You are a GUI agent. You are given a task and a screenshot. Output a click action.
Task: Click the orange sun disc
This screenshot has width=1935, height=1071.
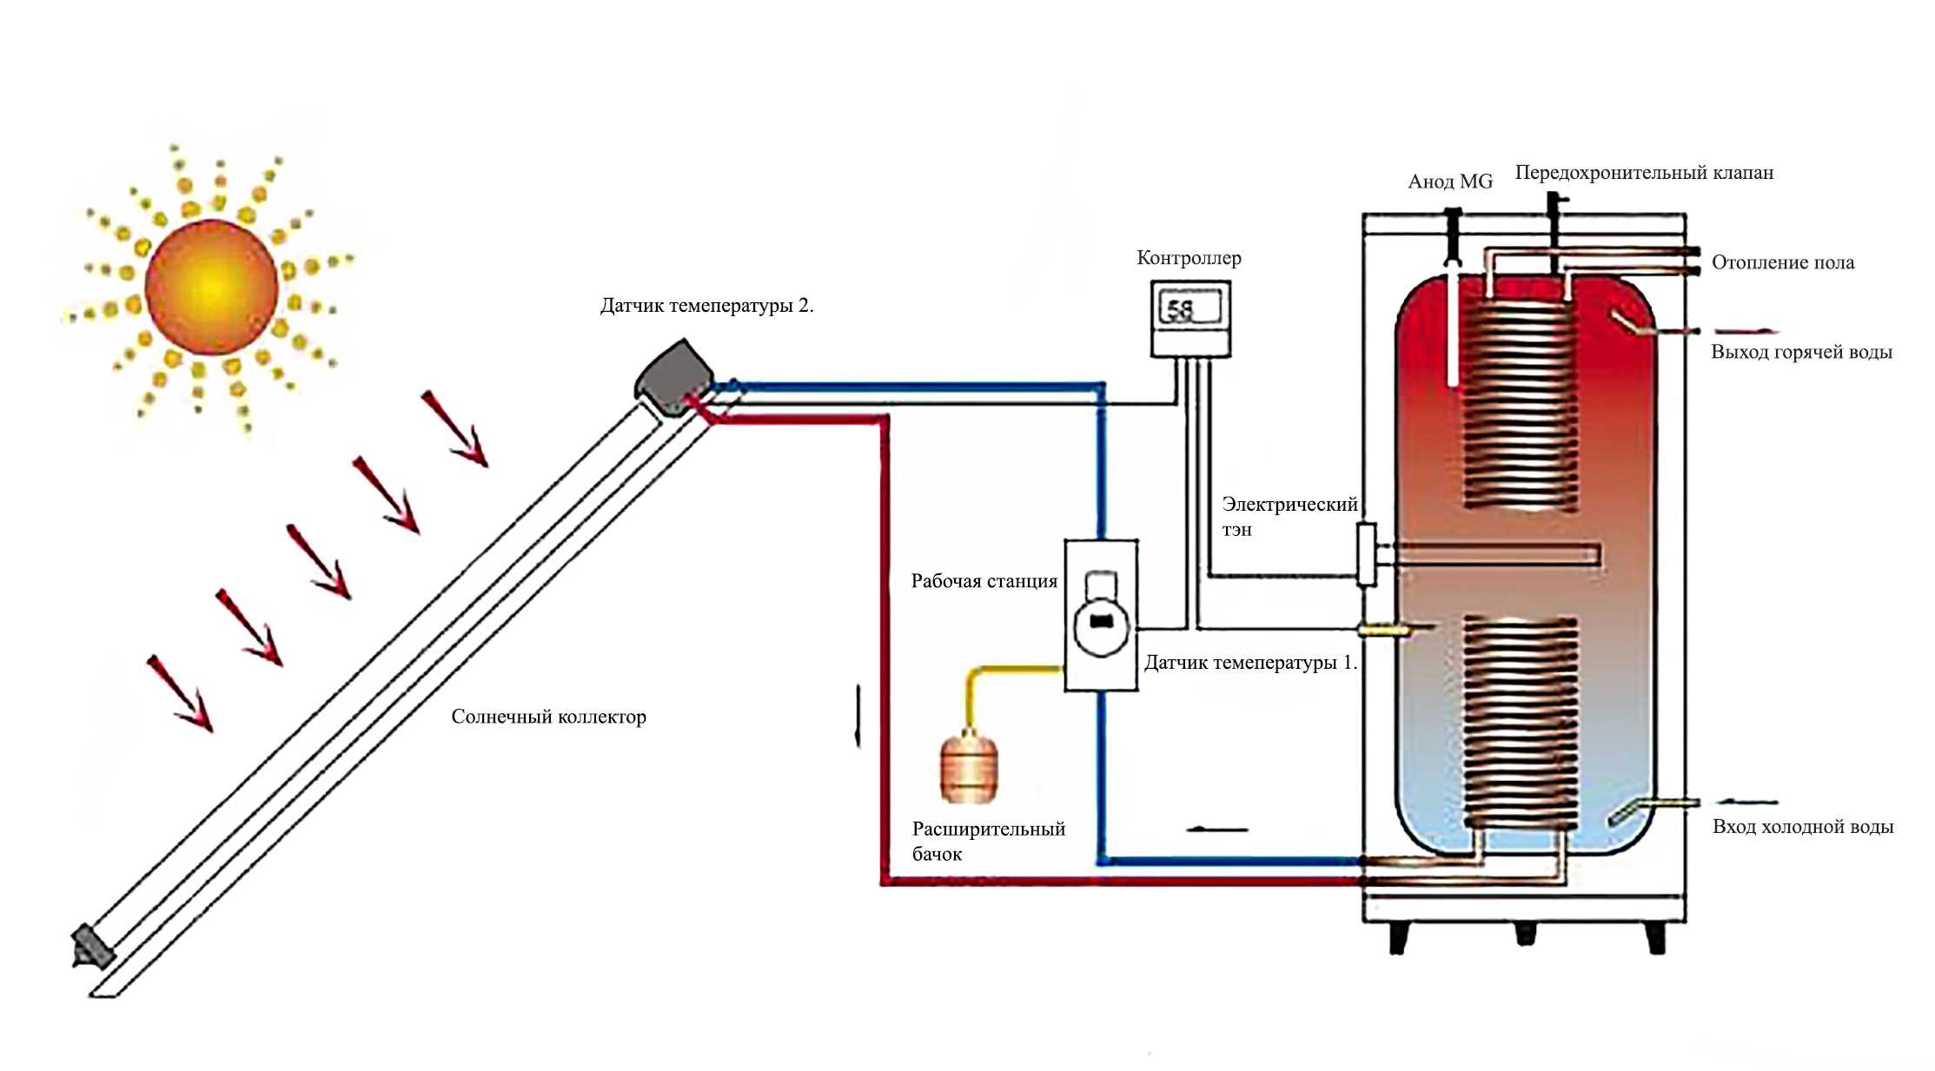211,287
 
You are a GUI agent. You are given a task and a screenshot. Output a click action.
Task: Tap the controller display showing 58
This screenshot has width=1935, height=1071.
1190,308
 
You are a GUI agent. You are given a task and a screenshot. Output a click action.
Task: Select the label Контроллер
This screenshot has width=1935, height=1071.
1189,258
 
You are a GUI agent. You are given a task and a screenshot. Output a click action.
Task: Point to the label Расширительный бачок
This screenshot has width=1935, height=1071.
989,841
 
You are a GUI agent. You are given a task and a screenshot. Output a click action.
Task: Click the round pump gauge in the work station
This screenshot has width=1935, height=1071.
1102,624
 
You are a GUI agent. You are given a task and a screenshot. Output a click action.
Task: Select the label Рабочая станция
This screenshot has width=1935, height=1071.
984,581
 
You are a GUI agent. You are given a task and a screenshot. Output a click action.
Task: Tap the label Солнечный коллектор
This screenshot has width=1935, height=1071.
548,717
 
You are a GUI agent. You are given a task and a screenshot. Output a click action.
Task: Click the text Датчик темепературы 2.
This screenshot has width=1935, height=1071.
706,306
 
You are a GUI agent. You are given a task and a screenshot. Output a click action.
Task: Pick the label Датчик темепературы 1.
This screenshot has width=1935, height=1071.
1250,663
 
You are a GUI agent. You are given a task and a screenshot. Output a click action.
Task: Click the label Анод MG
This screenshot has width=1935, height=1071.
1450,182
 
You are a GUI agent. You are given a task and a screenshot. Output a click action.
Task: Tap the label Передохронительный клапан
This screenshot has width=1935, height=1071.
1644,173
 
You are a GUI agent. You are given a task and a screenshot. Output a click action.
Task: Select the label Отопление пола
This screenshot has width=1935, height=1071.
1783,262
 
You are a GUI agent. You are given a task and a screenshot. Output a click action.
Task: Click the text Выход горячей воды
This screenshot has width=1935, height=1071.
1801,352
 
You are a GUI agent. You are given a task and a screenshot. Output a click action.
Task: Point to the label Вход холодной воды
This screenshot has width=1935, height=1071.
1803,827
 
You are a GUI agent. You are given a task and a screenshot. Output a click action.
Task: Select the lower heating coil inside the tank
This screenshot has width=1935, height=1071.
1521,721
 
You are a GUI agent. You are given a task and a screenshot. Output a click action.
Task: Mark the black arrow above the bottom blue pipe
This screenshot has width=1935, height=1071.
1216,830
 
